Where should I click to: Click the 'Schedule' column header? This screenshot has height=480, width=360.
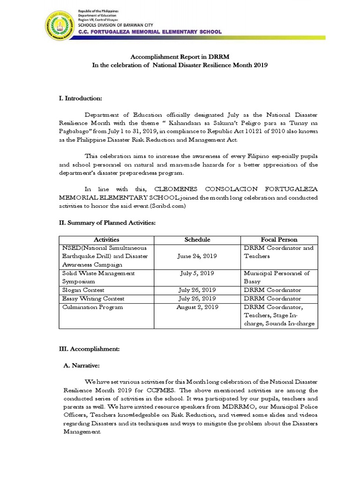pyautogui.click(x=197, y=240)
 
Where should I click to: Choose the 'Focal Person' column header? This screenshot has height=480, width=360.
pyautogui.click(x=279, y=240)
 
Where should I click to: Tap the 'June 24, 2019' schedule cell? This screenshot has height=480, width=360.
pyautogui.click(x=197, y=256)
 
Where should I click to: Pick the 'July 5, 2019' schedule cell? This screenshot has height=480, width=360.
pyautogui.click(x=197, y=273)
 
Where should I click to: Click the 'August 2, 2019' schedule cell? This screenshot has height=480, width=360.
pyautogui.click(x=197, y=307)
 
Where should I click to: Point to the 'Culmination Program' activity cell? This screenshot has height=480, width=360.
pyautogui.click(x=92, y=307)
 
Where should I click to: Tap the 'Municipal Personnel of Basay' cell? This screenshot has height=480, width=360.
pyautogui.click(x=278, y=277)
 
